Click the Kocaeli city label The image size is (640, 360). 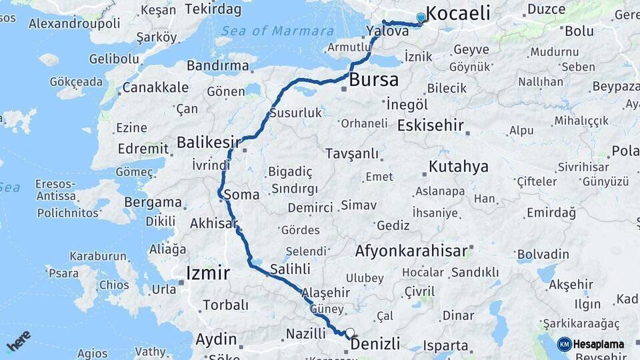(457, 13)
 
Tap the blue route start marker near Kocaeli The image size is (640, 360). (421, 18)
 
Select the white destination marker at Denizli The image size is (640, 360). (350, 332)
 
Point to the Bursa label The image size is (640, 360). (374, 81)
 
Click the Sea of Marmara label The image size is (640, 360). (277, 31)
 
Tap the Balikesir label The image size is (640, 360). (209, 142)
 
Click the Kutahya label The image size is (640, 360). (459, 166)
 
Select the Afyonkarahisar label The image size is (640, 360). (411, 251)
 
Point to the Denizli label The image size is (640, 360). (375, 344)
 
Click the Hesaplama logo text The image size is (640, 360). (598, 344)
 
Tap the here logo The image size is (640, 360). (19, 341)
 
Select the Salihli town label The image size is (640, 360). (290, 269)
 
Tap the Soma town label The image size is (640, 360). (241, 195)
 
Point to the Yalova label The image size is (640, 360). (387, 31)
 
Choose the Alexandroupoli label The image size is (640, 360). (75, 23)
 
